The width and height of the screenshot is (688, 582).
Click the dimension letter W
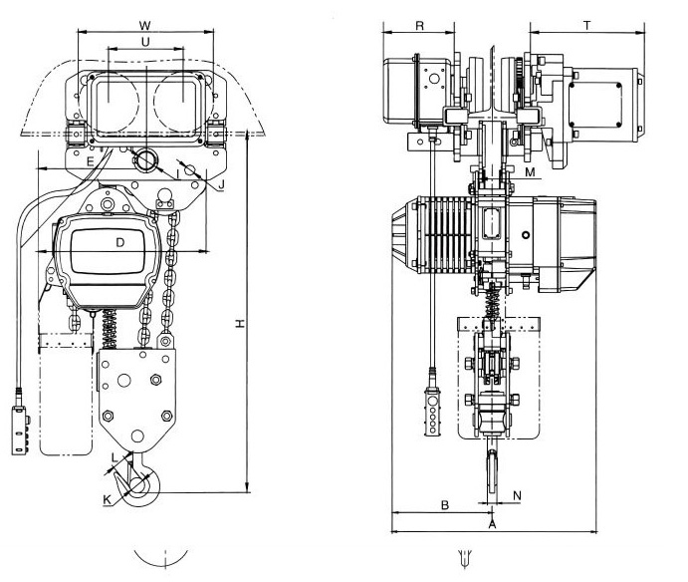145,23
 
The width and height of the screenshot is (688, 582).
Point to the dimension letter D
119,242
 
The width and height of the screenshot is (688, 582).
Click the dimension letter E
90,160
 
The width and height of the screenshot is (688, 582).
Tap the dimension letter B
445,505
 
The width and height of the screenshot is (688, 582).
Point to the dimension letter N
516,494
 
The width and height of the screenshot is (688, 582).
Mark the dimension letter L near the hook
115,456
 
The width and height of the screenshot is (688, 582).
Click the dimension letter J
221,183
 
